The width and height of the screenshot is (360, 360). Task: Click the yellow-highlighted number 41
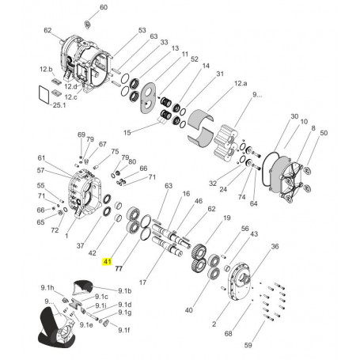click(108, 262)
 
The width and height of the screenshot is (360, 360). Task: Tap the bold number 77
click(119, 268)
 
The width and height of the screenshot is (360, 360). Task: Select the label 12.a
click(241, 83)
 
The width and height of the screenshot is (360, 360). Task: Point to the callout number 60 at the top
click(104, 7)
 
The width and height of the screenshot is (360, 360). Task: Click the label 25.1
click(59, 105)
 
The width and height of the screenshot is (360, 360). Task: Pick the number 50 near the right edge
click(324, 133)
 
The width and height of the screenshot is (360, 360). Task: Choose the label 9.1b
click(125, 291)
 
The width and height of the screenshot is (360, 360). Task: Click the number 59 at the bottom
click(248, 345)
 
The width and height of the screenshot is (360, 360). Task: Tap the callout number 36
click(275, 246)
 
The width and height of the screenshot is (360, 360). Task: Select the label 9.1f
click(124, 330)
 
